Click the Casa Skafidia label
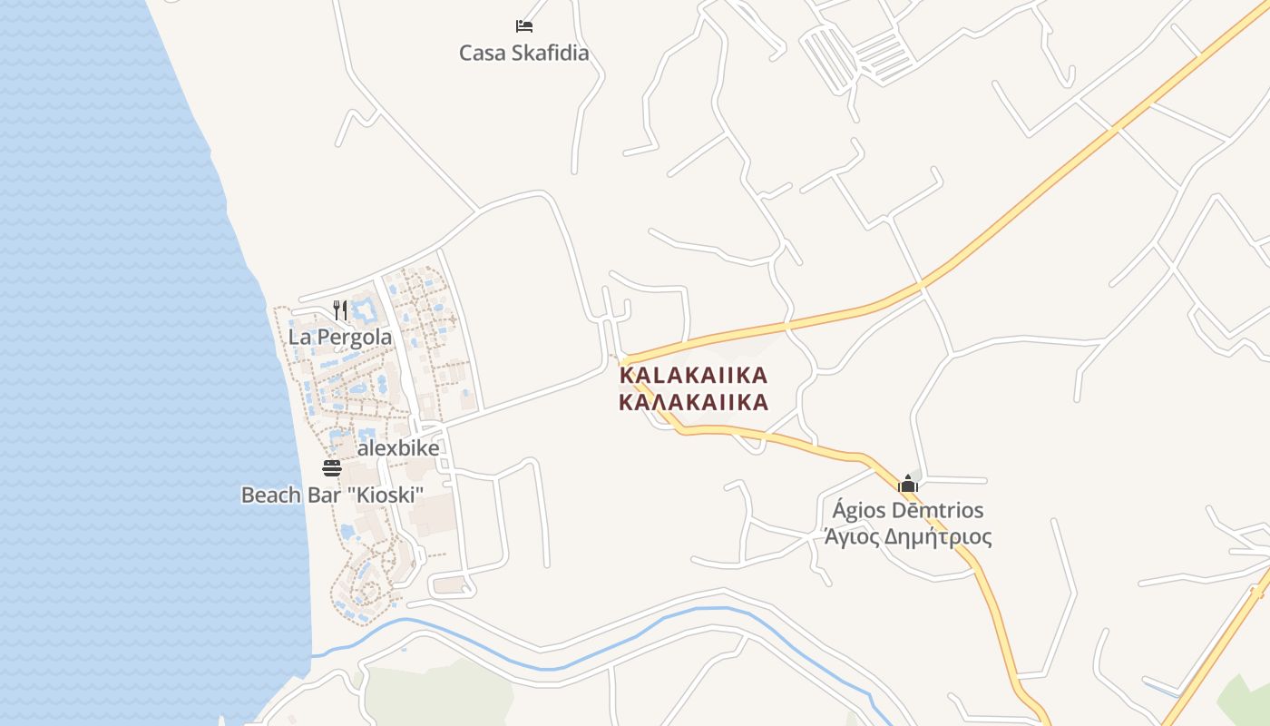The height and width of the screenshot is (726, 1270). coord(523,53)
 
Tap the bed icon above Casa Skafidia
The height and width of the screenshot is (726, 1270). coord(523,25)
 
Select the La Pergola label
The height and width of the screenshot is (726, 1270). coord(340,337)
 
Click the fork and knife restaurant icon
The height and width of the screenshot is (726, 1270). coord(340,310)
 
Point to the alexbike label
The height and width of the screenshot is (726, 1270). coord(397,448)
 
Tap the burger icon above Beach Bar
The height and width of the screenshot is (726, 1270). coord(332,468)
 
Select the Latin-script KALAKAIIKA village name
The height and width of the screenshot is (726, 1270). coord(693,376)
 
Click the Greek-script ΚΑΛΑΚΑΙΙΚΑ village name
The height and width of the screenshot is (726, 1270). coord(693,402)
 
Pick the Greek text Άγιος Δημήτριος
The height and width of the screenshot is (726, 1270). coord(907,537)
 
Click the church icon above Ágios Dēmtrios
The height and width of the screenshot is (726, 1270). coord(908,484)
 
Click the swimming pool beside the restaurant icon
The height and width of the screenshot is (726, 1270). coord(366,311)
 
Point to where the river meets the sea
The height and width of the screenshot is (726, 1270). coord(314,653)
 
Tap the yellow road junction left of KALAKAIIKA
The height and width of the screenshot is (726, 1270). coord(624,360)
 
